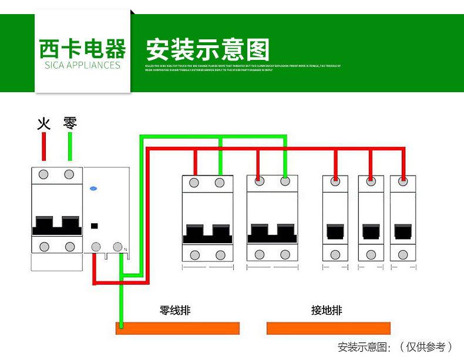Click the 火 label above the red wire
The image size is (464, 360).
(44, 123)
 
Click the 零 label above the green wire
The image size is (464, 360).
(70, 123)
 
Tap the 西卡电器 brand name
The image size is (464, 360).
(82, 49)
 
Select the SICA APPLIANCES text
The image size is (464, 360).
(82, 65)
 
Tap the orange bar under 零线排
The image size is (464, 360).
(178, 328)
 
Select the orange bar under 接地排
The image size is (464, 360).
(329, 328)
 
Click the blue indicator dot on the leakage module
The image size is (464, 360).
(93, 189)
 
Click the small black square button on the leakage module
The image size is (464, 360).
(93, 225)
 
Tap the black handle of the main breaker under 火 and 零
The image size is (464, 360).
(57, 225)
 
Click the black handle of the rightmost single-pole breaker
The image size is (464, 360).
(403, 231)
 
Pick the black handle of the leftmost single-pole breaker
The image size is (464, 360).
(335, 231)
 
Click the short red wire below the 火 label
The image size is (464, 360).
(44, 146)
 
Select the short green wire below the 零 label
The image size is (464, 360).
(70, 146)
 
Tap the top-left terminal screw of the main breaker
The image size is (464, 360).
(44, 174)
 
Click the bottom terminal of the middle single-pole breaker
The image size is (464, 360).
(369, 255)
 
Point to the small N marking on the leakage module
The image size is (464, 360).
(125, 251)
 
